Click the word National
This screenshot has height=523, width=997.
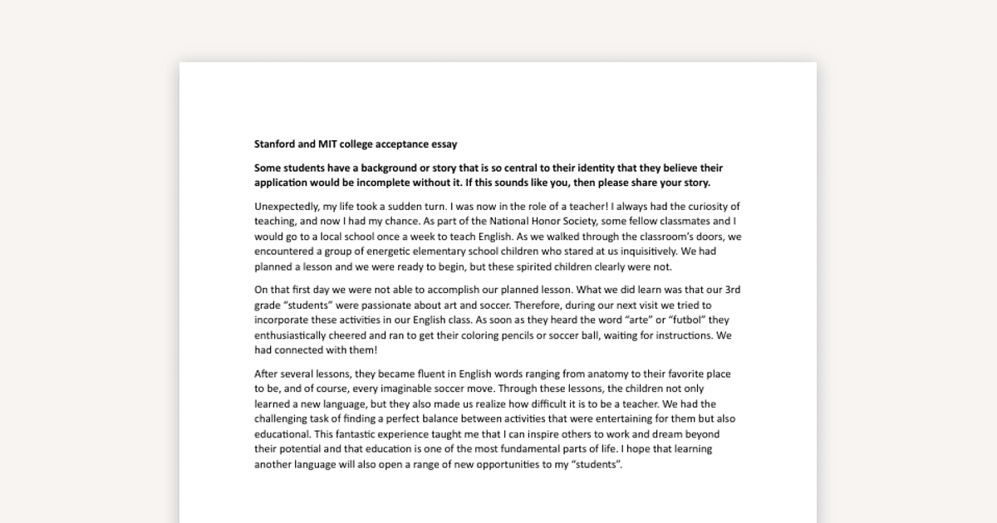(x=513, y=222)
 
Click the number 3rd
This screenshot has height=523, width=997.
(x=732, y=290)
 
